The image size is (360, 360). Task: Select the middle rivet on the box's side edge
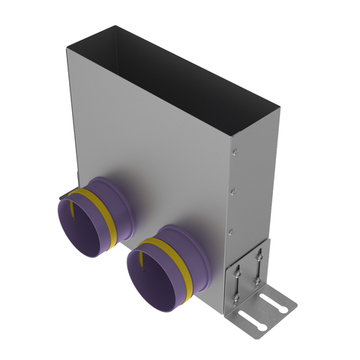[x=232, y=189]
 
